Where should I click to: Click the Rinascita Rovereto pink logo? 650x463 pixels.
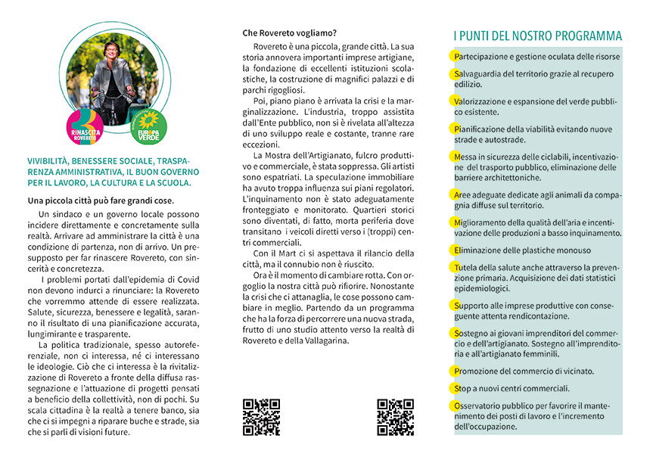click(85, 125)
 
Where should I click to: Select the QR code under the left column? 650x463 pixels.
click(261, 417)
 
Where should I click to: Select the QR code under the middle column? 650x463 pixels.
click(395, 417)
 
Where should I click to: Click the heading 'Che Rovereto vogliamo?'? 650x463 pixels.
click(290, 33)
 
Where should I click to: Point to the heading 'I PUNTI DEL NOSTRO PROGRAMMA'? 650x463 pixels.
click(537, 36)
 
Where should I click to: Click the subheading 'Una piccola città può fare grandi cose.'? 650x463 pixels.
click(101, 200)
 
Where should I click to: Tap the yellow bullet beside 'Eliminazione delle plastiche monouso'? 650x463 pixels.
click(455, 250)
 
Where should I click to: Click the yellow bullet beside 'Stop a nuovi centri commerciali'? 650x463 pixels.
click(455, 388)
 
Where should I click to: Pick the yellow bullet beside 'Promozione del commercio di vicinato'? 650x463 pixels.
click(455, 371)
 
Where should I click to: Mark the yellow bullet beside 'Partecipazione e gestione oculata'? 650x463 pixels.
click(455, 57)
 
